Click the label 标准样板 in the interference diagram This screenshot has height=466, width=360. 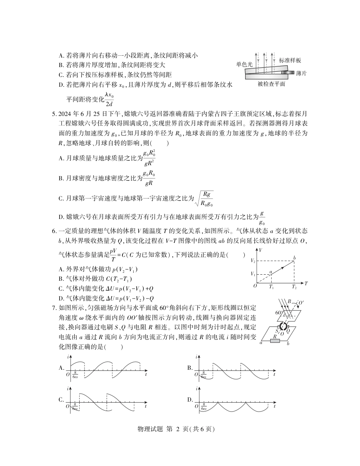click(290, 61)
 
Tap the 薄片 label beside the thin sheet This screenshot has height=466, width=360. click(301, 73)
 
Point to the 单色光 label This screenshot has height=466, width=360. click(244, 64)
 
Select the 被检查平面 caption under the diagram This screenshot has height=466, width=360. click(271, 84)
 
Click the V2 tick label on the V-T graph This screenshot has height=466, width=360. click(253, 261)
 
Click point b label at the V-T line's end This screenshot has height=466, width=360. click(294, 258)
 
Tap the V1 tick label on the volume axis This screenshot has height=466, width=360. click(253, 274)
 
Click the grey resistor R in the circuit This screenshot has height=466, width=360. click(275, 341)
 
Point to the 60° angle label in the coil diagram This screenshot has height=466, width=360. click(280, 313)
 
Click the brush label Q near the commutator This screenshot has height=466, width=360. click(288, 330)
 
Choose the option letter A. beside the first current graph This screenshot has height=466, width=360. click(61, 368)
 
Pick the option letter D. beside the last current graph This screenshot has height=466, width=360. click(190, 400)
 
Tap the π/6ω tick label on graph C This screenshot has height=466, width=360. click(75, 407)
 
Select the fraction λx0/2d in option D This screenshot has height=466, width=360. click(110, 100)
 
